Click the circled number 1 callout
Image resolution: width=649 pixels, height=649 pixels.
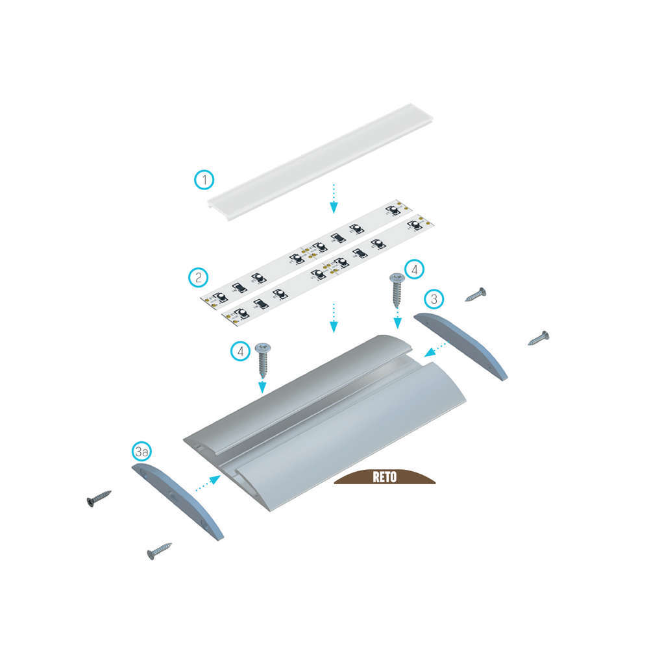(204, 180)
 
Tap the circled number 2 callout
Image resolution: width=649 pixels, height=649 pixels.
(198, 277)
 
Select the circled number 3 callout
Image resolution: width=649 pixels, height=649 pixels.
(434, 299)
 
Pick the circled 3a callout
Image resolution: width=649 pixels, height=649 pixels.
(141, 452)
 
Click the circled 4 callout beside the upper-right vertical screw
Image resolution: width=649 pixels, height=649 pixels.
(414, 269)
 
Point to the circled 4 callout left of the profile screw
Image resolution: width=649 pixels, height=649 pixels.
(241, 351)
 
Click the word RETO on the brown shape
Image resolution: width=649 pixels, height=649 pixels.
(384, 477)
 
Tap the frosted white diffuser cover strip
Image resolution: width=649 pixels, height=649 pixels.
(321, 162)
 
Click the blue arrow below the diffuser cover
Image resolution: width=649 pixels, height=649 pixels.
(334, 199)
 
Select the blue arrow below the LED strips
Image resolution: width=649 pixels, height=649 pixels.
(334, 318)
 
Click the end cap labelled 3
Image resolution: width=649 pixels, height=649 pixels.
(461, 346)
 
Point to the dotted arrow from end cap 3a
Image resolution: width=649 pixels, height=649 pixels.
(208, 484)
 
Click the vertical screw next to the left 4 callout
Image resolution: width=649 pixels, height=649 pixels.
(262, 360)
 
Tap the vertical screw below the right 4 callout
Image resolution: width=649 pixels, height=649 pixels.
(397, 291)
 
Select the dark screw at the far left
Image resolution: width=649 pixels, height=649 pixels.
(99, 498)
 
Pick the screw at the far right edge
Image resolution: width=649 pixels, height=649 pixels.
(539, 338)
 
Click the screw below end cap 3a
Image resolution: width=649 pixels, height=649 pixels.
(160, 551)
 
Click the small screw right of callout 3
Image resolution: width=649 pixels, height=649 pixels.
(476, 294)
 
